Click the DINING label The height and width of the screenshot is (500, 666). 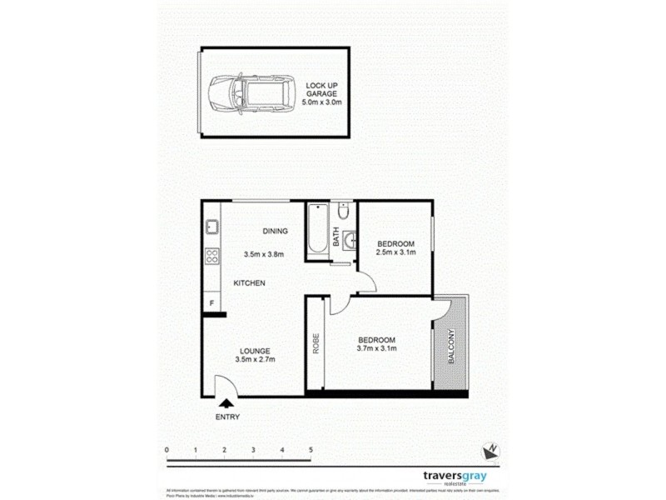[275, 232]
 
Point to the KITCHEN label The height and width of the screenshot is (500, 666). [249, 283]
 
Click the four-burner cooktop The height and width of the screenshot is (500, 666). [212, 257]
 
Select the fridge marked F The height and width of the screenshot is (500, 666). [212, 302]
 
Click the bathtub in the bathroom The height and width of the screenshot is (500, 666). [317, 231]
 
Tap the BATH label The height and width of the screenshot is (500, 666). [336, 238]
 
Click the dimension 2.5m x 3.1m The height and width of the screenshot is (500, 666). [395, 252]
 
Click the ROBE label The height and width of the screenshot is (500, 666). [316, 344]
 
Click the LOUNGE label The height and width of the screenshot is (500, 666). [255, 349]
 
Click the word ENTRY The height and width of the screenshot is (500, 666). [226, 417]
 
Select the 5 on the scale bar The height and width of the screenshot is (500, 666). [311, 450]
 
